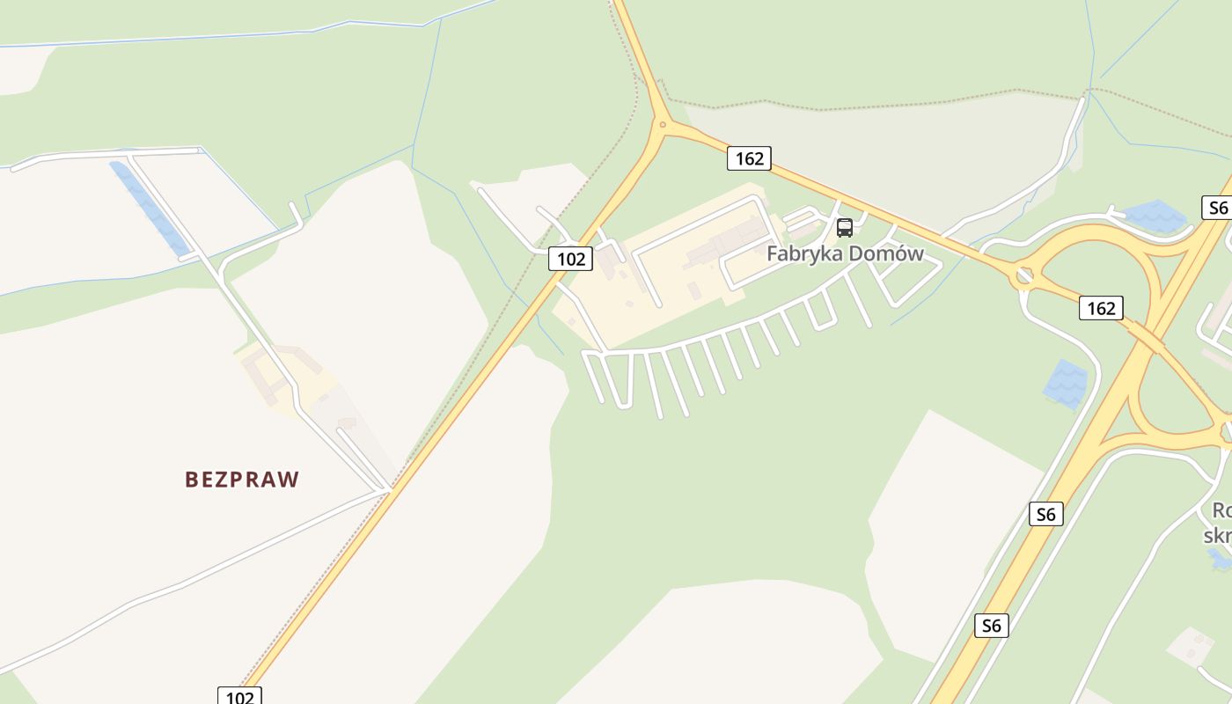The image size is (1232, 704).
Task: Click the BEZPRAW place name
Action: click(x=242, y=480)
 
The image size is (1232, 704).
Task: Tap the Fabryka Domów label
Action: click(x=845, y=254)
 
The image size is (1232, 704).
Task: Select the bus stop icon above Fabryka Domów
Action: click(x=845, y=228)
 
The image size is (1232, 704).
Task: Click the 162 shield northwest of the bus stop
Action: click(x=749, y=158)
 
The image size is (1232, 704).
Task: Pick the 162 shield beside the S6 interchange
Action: click(x=1101, y=308)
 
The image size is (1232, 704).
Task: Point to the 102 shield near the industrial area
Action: click(x=570, y=259)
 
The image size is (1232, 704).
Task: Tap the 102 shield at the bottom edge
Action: click(x=239, y=696)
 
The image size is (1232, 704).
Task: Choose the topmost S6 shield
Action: click(x=1217, y=208)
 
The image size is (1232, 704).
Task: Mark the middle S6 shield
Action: click(x=1045, y=514)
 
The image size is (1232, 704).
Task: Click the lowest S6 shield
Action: click(x=991, y=626)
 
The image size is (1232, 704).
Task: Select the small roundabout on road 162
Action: click(x=1023, y=275)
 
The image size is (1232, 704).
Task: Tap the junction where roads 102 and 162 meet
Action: click(x=663, y=124)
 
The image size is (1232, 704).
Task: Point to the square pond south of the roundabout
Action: click(x=1066, y=384)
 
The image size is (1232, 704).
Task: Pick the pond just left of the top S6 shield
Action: click(x=1155, y=216)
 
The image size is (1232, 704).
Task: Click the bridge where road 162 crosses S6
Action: click(x=1144, y=336)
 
